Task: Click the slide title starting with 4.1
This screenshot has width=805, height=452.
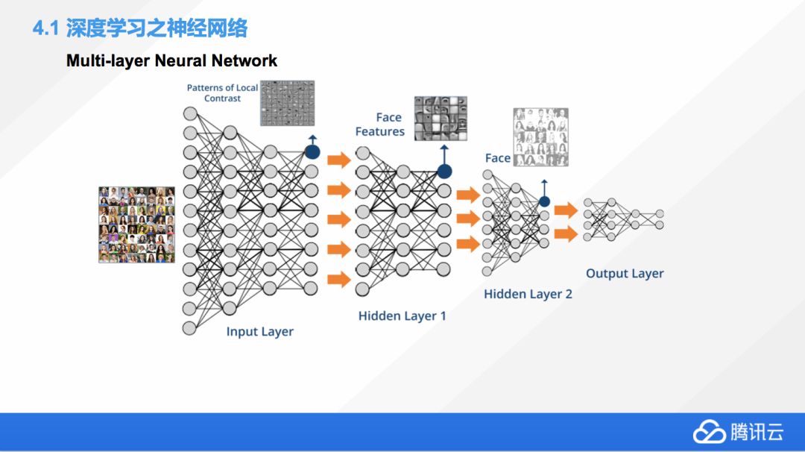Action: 140,29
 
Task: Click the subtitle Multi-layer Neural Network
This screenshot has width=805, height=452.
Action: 171,60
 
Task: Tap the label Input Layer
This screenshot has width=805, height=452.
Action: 259,331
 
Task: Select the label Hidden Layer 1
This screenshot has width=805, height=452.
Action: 402,316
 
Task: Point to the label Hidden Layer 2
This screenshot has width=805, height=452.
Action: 528,294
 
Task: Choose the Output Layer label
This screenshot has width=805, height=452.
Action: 625,273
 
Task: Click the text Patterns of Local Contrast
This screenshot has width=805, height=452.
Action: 222,92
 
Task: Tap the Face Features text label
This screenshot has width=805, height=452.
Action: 380,125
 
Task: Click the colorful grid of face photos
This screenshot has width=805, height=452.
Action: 136,225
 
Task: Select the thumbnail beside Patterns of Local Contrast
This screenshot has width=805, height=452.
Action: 287,103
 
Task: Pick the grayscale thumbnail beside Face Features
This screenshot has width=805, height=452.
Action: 441,118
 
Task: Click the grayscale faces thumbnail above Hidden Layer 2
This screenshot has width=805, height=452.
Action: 540,137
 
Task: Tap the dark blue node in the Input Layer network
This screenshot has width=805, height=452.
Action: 312,152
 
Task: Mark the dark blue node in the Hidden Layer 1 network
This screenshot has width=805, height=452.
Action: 444,172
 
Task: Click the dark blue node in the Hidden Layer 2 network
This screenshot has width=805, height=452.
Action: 544,201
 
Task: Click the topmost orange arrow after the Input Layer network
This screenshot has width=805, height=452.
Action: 338,159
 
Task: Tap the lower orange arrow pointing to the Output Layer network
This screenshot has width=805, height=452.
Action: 566,234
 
